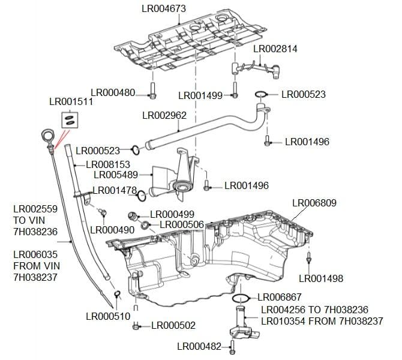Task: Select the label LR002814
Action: click(275, 49)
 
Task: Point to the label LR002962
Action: click(164, 115)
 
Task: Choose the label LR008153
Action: click(108, 164)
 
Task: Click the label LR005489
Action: click(116, 175)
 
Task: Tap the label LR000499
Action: click(172, 214)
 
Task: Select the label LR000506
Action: click(182, 224)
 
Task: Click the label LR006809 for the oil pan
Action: click(314, 203)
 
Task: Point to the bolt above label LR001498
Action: click(308, 259)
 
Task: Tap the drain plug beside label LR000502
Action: click(137, 326)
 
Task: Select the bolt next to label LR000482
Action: click(233, 346)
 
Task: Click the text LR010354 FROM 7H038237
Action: click(322, 322)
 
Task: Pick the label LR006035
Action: click(35, 254)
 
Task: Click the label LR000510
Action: click(108, 316)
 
